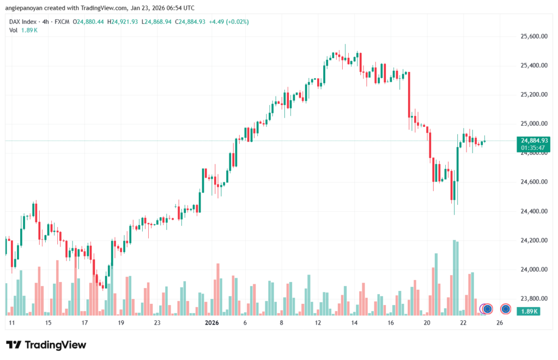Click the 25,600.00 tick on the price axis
531,36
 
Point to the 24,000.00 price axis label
531,270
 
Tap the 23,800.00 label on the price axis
531,299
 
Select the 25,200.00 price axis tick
531,95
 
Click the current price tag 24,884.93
526,141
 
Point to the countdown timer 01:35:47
526,148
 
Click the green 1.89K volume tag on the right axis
526,312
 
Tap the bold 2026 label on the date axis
211,323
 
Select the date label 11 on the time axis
11,323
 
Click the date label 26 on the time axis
500,323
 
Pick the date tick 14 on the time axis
354,323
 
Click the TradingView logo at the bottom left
46,345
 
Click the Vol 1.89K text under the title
23,30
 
